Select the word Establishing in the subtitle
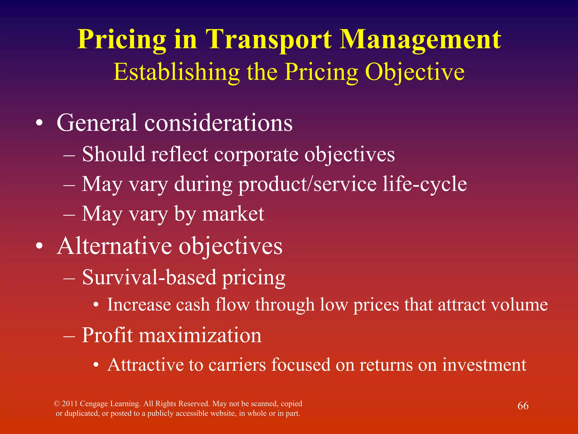pos(177,72)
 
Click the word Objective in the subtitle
pos(415,72)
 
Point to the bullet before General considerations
pos(40,123)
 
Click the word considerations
pos(218,123)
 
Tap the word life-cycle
pos(424,184)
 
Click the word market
pos(233,214)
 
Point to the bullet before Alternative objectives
pos(40,246)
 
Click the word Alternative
pos(114,246)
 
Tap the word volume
pos(519,305)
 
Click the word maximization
pos(200,335)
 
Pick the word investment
pos(484,365)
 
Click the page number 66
pos(523,406)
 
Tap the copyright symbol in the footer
pos(57,404)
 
